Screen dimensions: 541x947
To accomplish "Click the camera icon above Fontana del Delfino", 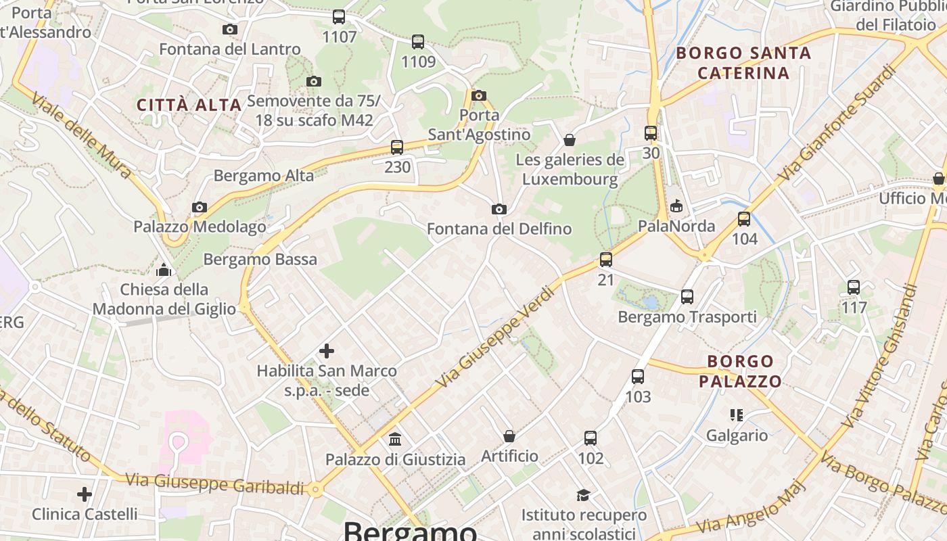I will tap(499, 209).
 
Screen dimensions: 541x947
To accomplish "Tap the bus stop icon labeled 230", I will tap(397, 147).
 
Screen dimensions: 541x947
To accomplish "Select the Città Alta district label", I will tap(189, 105).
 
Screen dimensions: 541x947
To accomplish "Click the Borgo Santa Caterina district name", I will tap(743, 63).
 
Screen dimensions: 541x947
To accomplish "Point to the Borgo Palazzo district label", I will tap(740, 371).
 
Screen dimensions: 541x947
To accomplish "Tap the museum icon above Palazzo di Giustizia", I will tap(395, 440).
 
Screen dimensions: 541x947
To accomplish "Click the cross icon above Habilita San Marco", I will tap(327, 350).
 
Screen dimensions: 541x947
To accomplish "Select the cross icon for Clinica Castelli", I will tap(85, 494).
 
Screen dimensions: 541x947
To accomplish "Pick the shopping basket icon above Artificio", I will tap(509, 436).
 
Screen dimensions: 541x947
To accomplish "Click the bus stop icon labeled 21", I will tap(606, 259).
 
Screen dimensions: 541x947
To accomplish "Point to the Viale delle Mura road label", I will tap(81, 135).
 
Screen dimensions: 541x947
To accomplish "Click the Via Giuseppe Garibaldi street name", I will tap(215, 484).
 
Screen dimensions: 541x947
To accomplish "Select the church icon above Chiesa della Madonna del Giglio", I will tap(164, 270).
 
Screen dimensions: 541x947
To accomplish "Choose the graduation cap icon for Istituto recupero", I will tap(583, 496).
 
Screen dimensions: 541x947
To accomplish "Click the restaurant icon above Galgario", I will tap(737, 415).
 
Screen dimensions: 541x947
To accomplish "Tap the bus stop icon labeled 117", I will tap(854, 287).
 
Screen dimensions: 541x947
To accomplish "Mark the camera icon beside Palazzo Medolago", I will tap(199, 207).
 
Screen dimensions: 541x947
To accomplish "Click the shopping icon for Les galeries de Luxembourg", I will tap(570, 140).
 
